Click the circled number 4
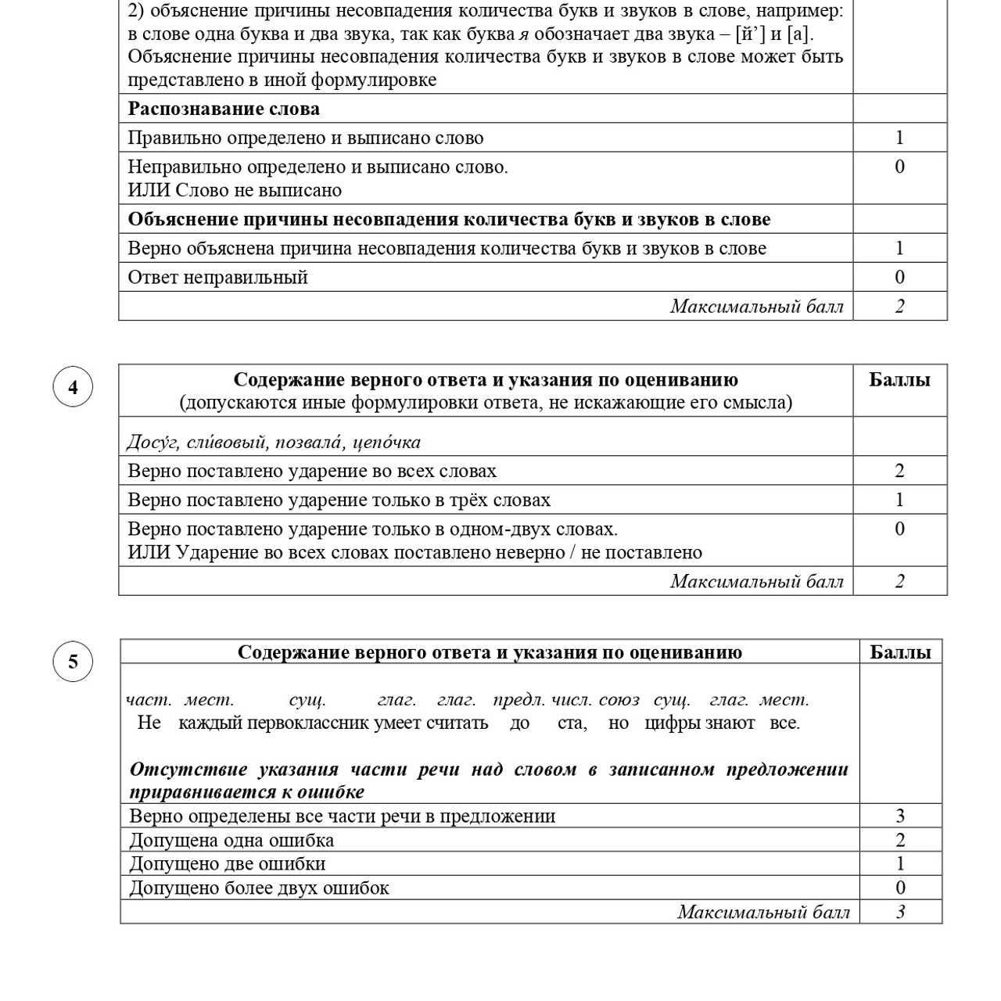click(x=73, y=387)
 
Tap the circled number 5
click(x=73, y=662)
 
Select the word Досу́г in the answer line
click(x=154, y=443)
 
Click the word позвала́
click(x=310, y=443)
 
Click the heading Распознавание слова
click(x=224, y=109)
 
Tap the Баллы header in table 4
click(x=899, y=380)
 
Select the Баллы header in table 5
click(x=900, y=652)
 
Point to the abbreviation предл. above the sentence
click(x=518, y=700)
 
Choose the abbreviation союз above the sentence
click(x=619, y=700)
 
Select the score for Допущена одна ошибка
click(x=900, y=840)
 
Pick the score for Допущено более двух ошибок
click(x=900, y=888)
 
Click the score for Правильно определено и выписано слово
click(x=899, y=138)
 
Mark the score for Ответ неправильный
click(x=899, y=277)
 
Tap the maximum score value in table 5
click(x=900, y=912)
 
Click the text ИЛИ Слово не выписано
click(x=235, y=190)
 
